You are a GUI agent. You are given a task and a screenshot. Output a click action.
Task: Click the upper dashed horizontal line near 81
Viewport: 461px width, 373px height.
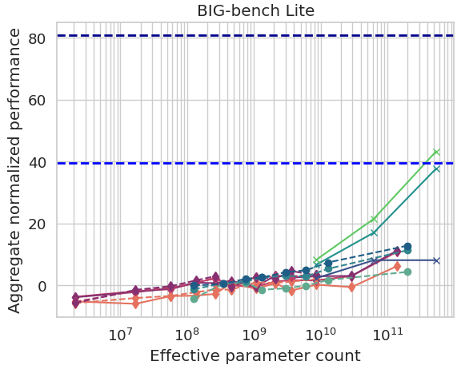240,35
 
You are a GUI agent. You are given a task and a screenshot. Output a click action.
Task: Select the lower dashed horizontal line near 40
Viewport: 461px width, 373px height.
240,163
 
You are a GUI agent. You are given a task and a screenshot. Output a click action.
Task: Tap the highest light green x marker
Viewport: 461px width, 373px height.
436,152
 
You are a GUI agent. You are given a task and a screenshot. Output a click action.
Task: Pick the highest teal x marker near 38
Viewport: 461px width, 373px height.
436,169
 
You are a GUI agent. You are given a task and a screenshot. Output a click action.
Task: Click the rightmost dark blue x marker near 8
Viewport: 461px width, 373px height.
436,260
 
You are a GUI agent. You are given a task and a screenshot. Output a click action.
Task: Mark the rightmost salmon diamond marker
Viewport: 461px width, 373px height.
397,266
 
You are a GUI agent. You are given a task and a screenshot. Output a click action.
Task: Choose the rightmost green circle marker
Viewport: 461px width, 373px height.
407,272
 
